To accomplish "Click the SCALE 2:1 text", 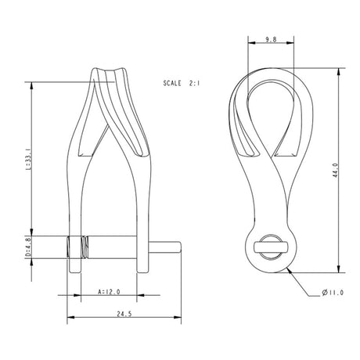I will point(183,81).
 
